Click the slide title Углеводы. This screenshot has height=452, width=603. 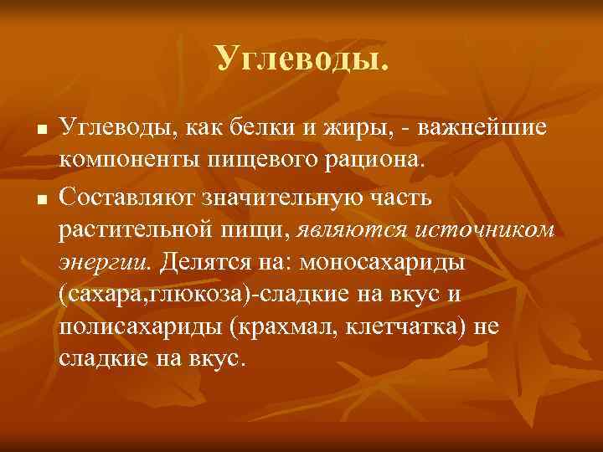pos(301,58)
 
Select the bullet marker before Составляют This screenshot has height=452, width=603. pos(39,198)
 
